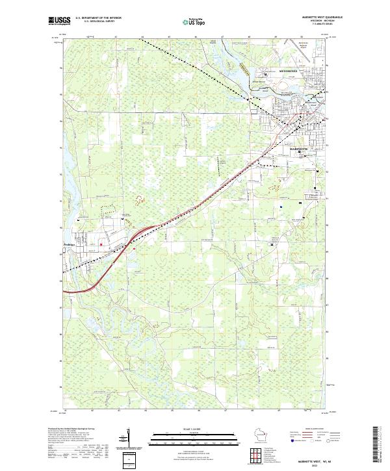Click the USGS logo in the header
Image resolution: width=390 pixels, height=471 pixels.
click(x=58, y=21)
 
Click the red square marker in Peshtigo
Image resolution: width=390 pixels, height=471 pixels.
click(x=101, y=244)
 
